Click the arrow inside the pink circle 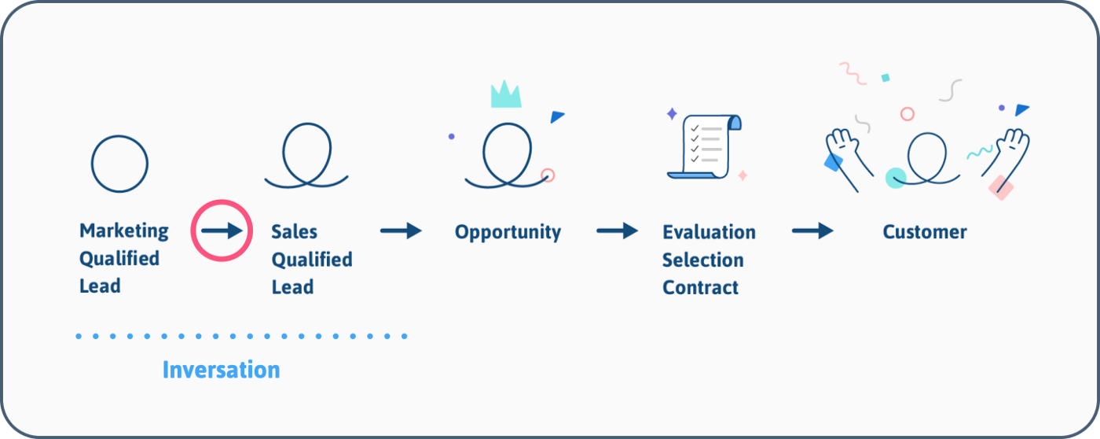222,231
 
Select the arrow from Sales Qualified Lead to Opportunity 401,231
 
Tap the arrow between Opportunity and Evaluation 618,231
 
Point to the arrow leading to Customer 812,231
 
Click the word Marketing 124,231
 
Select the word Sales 294,231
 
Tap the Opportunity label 508,232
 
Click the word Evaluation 709,232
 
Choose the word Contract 700,288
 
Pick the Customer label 925,232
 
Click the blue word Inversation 222,370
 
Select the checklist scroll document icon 705,146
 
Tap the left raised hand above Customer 849,159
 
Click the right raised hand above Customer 1006,158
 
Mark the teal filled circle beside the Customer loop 896,178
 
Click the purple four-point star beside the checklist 672,114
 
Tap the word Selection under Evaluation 702,260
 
